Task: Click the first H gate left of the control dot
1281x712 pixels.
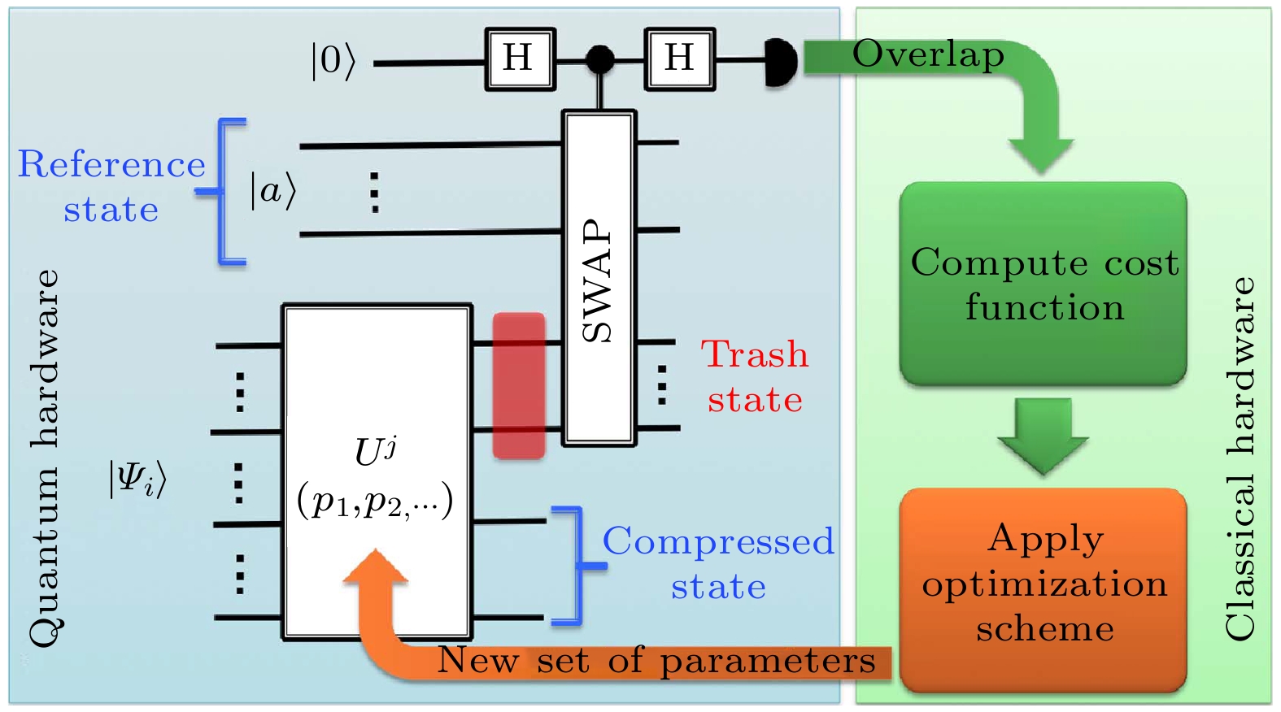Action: [x=520, y=59]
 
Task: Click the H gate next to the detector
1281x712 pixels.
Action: [x=680, y=59]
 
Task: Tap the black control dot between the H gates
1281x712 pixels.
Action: [x=600, y=59]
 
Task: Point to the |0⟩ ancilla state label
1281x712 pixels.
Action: [x=333, y=61]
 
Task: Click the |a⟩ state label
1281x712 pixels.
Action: [x=272, y=191]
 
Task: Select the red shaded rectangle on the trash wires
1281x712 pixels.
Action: [x=519, y=385]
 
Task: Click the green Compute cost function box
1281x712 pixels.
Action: [x=1043, y=284]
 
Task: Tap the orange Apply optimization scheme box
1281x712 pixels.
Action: [x=1044, y=588]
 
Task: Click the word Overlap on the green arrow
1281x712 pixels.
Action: [x=928, y=54]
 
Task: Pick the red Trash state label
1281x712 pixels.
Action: [x=755, y=376]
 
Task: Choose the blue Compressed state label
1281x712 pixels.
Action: [x=718, y=563]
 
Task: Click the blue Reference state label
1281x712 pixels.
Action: [x=111, y=186]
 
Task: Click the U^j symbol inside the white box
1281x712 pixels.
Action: [x=375, y=451]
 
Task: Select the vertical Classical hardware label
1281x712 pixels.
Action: [x=1240, y=458]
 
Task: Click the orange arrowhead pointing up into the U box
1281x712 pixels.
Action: [x=376, y=567]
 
